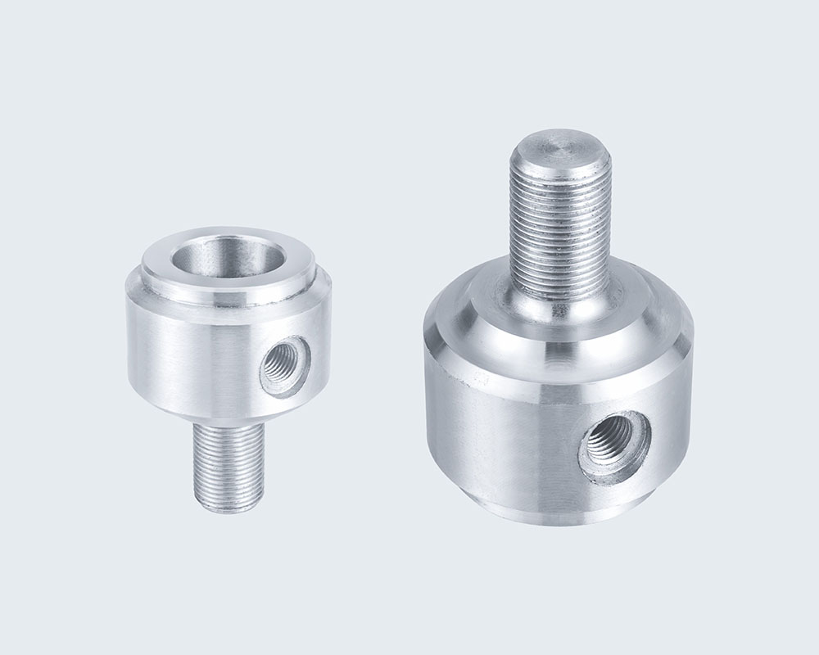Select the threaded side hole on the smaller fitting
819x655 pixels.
pos(286,366)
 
